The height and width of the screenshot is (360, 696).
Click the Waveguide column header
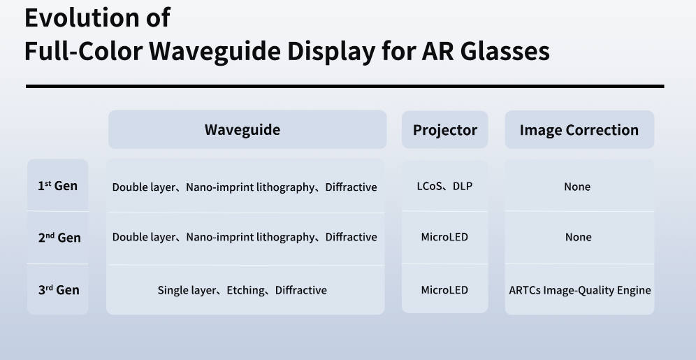242,129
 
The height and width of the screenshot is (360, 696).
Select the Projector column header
444,130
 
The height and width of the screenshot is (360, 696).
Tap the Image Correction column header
579,129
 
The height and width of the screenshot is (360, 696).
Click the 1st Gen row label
58,185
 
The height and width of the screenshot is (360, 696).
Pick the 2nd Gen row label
59,238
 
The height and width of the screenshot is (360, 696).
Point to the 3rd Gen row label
59,290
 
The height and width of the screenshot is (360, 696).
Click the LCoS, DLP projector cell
444,187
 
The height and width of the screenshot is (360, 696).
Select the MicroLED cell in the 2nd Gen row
444,237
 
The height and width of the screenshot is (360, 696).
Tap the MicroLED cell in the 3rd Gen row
444,290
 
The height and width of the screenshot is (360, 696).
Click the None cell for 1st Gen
577,187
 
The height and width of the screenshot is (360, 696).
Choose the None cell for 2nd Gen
579,238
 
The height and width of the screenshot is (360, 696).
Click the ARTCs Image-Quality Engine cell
580,290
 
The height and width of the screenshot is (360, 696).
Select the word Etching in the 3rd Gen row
245,290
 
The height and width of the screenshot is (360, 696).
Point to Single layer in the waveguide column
187,290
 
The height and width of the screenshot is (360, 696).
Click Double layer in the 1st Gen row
144,187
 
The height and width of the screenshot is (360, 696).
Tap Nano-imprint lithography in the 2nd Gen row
250,238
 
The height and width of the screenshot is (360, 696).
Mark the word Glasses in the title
505,52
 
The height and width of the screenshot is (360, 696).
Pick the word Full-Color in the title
83,52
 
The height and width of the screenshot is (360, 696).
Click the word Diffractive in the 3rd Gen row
301,290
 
